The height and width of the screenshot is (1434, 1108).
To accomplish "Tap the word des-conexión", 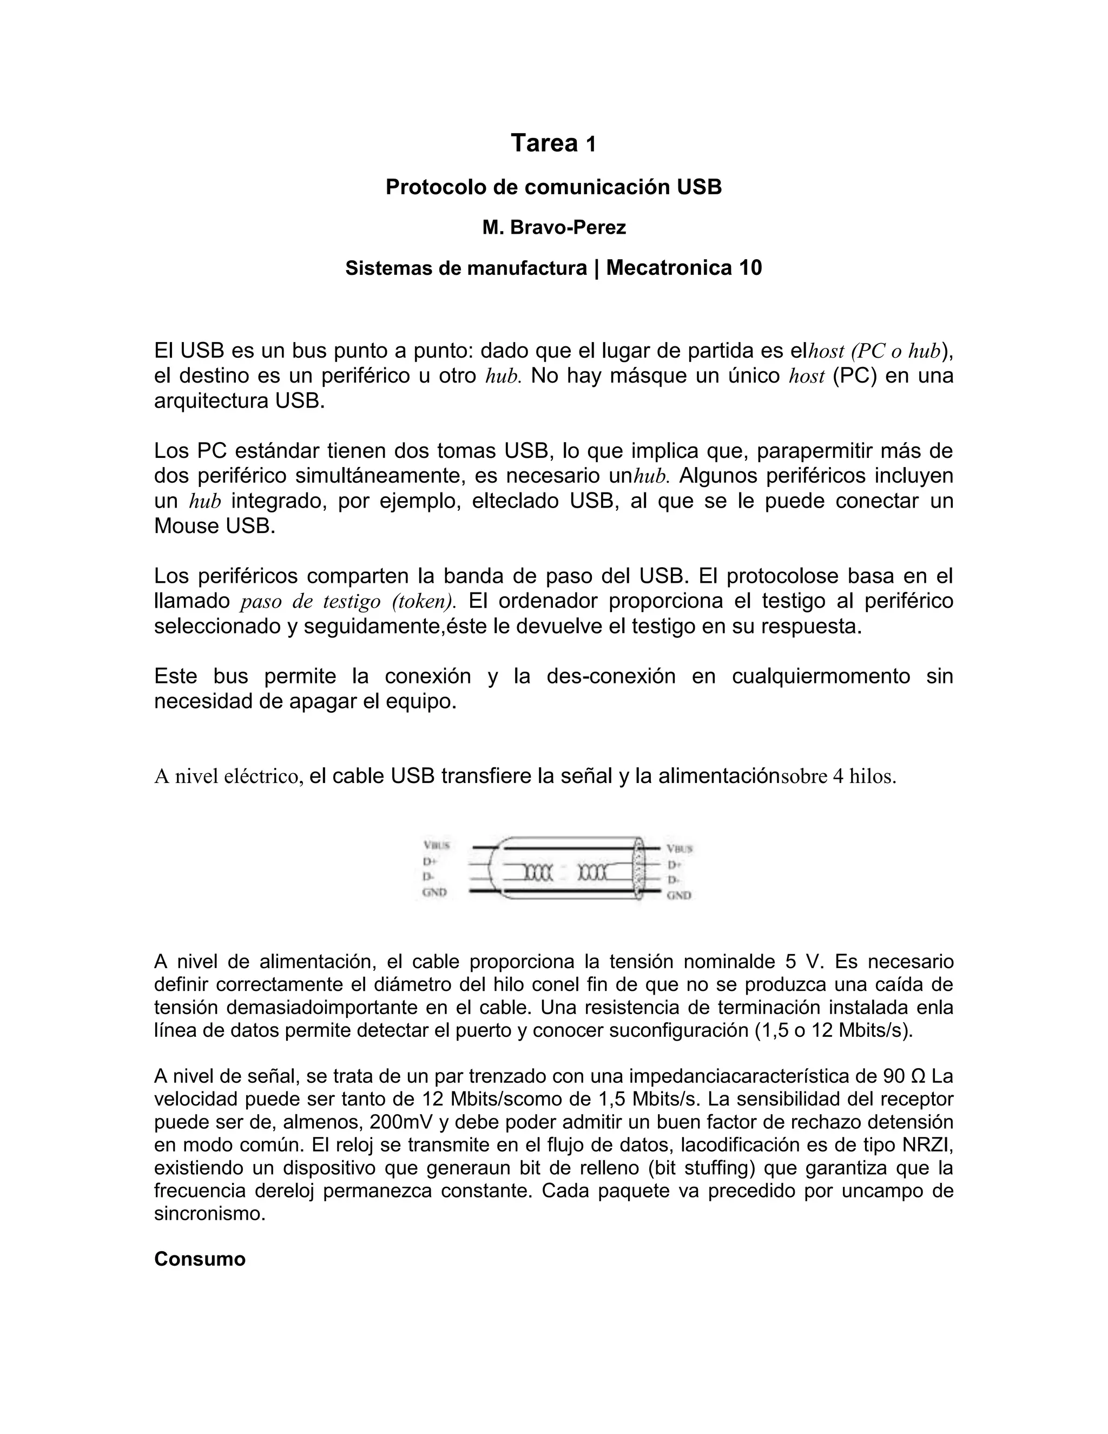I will [x=610, y=676].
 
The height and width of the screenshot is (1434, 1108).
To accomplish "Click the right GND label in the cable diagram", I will [x=679, y=895].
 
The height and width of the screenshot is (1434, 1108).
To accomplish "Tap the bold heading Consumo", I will [x=200, y=1259].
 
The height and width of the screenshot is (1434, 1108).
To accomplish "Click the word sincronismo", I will [x=209, y=1213].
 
